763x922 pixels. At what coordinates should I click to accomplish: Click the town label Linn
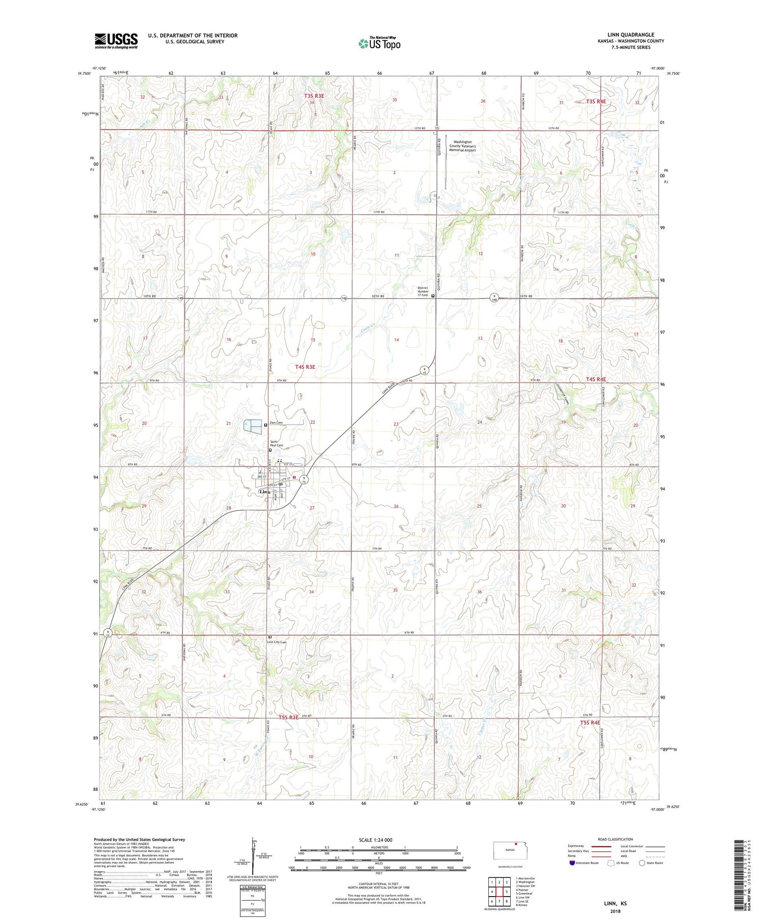[265, 492]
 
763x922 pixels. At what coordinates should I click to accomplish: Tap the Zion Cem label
[276, 423]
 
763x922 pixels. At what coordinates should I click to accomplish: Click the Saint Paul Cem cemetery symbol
[270, 450]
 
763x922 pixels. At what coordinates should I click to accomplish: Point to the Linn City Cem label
[277, 642]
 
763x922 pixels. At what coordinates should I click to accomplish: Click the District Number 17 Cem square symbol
[433, 295]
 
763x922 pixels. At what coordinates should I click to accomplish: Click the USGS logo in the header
[116, 41]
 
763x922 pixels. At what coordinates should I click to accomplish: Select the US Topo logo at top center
[379, 44]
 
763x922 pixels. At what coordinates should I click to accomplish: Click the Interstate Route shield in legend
[572, 863]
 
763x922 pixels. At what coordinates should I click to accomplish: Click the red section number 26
[396, 506]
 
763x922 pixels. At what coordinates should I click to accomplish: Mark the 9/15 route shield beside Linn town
[304, 480]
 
